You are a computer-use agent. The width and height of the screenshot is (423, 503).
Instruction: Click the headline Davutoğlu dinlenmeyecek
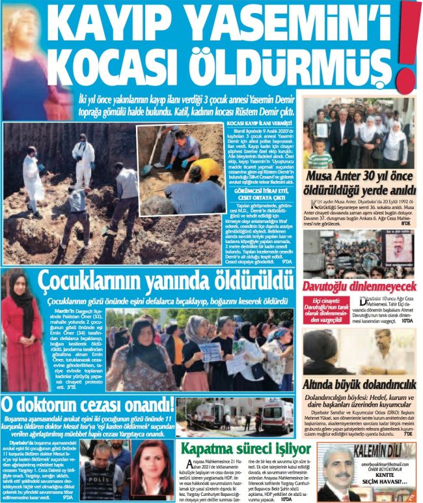click(359, 286)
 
